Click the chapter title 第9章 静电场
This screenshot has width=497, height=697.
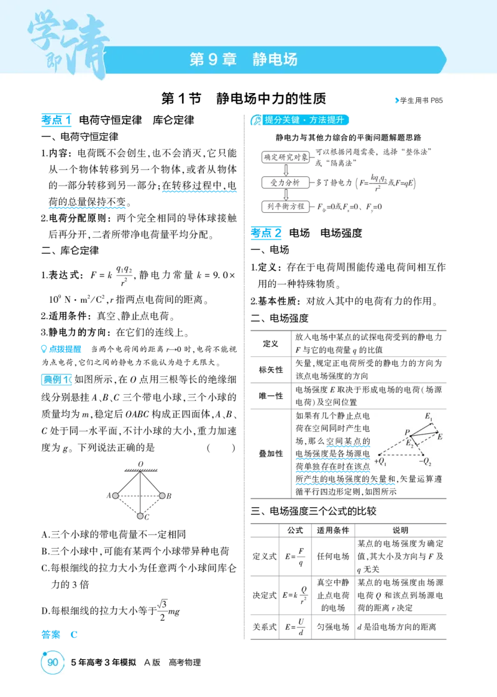(x=244, y=59)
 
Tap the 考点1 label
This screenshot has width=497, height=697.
(x=56, y=120)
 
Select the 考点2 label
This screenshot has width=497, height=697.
(x=266, y=233)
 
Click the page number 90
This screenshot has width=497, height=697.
(x=53, y=662)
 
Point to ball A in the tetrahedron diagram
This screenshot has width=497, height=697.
(x=115, y=495)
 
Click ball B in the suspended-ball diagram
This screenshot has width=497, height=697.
(x=162, y=495)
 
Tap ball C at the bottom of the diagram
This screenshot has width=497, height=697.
(x=140, y=516)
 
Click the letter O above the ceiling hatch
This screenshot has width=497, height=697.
(x=140, y=464)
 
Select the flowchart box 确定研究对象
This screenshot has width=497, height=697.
(x=286, y=157)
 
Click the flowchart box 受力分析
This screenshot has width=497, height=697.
(x=286, y=182)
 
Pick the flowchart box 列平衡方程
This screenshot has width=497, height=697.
(x=286, y=206)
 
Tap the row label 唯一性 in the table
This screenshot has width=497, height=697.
(x=270, y=395)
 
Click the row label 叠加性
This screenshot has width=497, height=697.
(x=270, y=454)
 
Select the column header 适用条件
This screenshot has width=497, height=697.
(x=333, y=530)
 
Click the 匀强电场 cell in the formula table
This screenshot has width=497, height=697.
(x=333, y=627)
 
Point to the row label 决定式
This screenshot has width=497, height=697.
(x=264, y=595)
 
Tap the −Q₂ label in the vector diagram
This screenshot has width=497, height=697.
(x=425, y=462)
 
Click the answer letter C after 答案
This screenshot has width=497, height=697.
(x=74, y=635)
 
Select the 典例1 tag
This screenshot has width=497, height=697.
(x=56, y=380)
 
